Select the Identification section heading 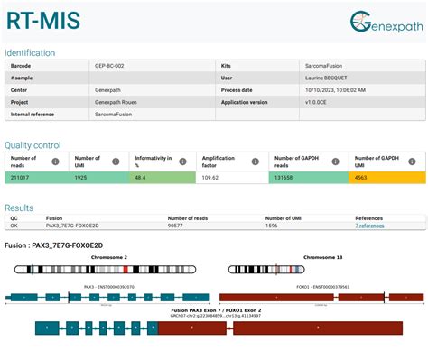click(30, 52)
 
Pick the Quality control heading click(33, 145)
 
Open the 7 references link click(369, 226)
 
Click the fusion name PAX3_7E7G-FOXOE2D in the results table click(72, 226)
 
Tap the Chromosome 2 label click(108, 258)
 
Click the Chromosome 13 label click(322, 258)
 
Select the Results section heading click(19, 208)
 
